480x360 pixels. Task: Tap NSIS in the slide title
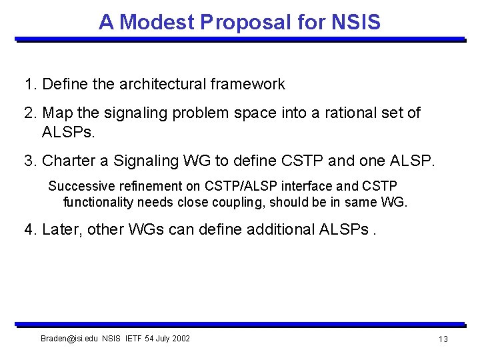pyautogui.click(x=355, y=22)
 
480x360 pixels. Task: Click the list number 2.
pyautogui.click(x=29, y=113)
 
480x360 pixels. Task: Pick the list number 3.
pyautogui.click(x=29, y=161)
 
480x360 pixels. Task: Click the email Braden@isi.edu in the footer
pyautogui.click(x=69, y=339)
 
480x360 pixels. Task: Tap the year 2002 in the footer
pyautogui.click(x=181, y=339)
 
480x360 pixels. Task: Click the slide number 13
pyautogui.click(x=443, y=340)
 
